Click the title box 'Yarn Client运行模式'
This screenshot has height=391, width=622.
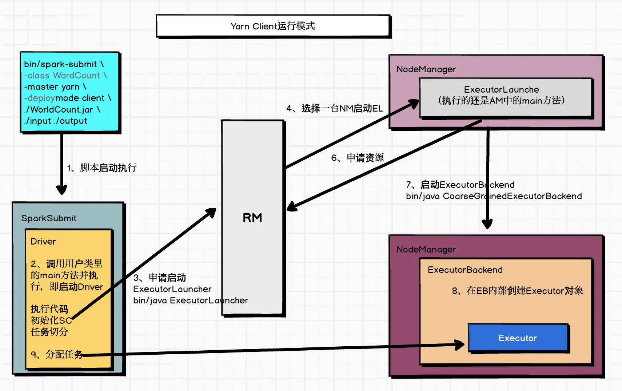tap(273, 26)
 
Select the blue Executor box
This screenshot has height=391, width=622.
tap(518, 338)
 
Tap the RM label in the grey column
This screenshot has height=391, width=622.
tap(252, 218)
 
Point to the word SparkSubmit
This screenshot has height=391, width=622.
tap(49, 218)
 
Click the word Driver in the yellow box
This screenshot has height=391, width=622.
tap(43, 241)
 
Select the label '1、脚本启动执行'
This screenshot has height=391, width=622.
tap(102, 168)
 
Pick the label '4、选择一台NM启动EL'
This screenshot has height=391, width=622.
tap(335, 108)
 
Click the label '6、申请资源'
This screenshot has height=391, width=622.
tap(357, 158)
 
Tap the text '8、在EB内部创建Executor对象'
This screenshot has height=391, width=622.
tap(517, 291)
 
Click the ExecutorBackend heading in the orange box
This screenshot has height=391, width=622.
tap(465, 270)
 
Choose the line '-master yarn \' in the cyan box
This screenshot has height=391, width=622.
tap(55, 87)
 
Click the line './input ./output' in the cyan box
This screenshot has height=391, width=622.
tap(56, 121)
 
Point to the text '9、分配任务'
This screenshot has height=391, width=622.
tap(57, 354)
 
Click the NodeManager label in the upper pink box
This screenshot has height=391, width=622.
tap(426, 69)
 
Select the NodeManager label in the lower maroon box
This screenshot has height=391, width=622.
tap(426, 249)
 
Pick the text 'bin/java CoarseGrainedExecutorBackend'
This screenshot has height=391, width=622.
tap(494, 196)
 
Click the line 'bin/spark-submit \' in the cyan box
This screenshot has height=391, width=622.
tap(64, 64)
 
